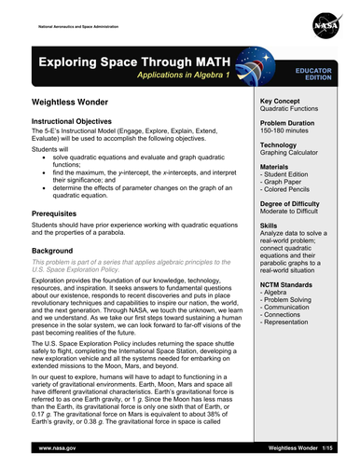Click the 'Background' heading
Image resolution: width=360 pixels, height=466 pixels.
click(53, 252)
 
